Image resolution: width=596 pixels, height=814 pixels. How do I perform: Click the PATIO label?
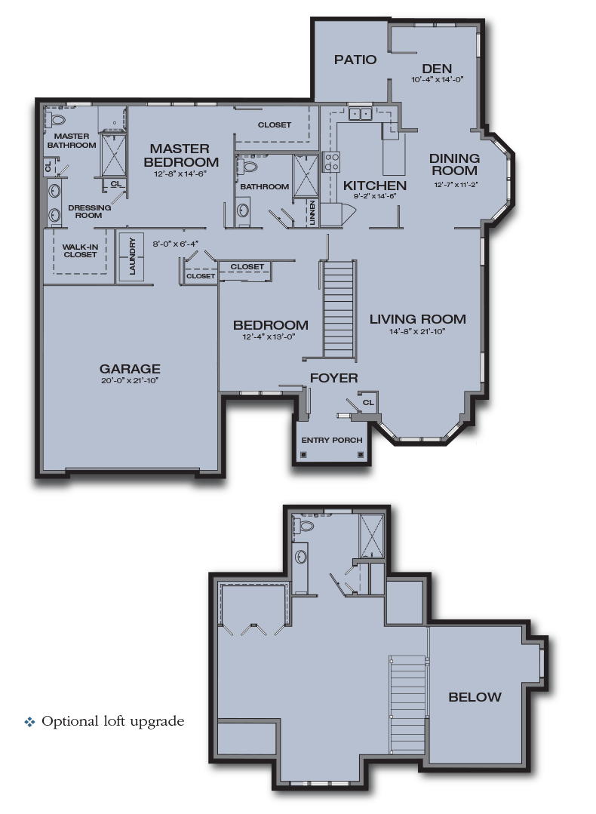pos(355,60)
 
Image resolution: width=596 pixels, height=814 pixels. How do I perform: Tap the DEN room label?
pos(436,68)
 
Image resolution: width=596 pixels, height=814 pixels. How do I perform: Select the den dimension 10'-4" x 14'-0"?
pos(436,79)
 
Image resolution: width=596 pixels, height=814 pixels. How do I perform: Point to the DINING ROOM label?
pos(454,164)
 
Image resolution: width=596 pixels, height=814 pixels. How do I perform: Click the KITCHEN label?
pos(375,186)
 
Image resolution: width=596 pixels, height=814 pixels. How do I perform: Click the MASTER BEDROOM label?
pos(183,155)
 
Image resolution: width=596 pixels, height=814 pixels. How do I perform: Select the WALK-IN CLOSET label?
pos(79,250)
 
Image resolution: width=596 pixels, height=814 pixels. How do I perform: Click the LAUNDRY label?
pos(132,257)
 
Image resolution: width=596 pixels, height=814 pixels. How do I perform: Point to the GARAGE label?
pos(130,369)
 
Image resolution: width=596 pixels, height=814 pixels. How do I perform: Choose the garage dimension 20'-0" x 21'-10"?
pos(130,380)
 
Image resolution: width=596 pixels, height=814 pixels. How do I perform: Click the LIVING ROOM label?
pos(417,319)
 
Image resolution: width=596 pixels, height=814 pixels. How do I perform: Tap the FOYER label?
pos(333,378)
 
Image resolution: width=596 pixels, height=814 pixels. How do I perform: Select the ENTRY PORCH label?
pos(332,441)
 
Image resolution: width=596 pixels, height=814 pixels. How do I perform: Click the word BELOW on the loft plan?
pos(475,697)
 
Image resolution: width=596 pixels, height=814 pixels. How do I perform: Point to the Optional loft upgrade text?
pos(112,721)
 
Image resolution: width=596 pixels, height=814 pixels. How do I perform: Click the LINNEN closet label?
pos(312,212)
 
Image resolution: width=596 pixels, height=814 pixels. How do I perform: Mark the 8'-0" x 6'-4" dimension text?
pos(175,244)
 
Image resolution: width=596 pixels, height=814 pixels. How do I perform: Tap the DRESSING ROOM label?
pos(89,211)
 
